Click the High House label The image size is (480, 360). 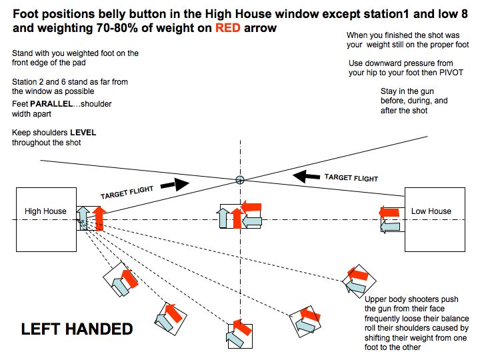click(x=45, y=211)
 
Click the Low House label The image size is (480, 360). click(x=431, y=211)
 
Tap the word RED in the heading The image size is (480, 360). click(x=228, y=28)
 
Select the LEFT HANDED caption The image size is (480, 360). click(x=77, y=329)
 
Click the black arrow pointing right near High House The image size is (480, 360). click(x=175, y=184)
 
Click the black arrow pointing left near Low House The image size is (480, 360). click(x=306, y=177)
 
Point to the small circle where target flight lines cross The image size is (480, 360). click(x=240, y=180)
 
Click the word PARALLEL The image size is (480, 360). click(x=51, y=104)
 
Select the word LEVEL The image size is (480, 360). click(x=83, y=133)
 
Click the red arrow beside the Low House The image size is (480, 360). click(x=389, y=212)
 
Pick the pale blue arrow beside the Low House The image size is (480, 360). click(x=390, y=227)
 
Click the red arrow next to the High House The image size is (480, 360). click(x=99, y=219)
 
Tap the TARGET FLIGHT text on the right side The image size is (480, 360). click(x=351, y=178)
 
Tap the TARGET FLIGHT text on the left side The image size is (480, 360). click(x=127, y=193)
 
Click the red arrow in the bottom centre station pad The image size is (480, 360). click(x=243, y=327)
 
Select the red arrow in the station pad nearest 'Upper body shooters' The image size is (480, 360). click(x=357, y=274)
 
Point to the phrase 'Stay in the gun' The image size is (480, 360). click(x=407, y=91)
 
